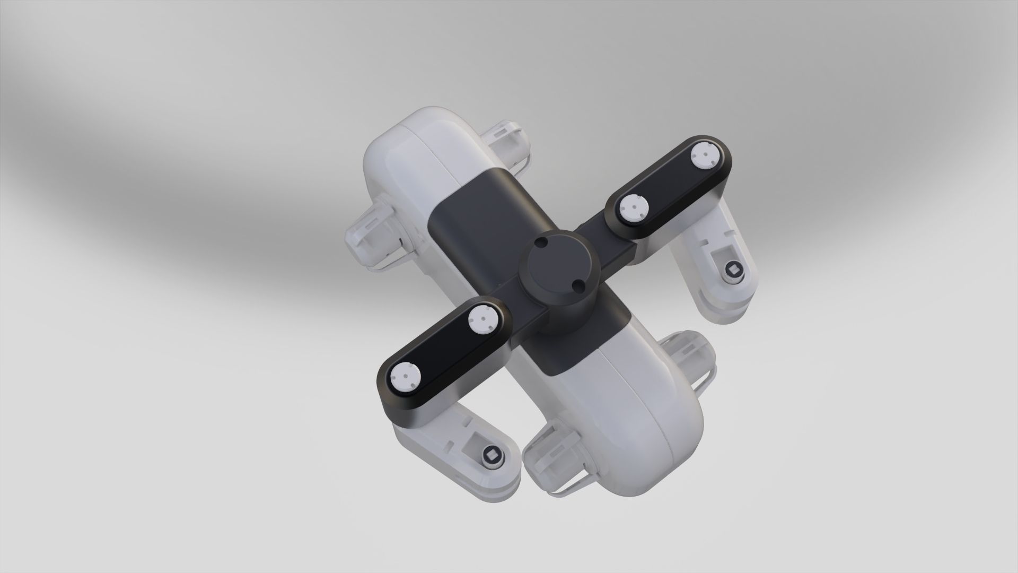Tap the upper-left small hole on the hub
pyautogui.click(x=540, y=241)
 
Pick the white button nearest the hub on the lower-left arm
pyautogui.click(x=113, y=319)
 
